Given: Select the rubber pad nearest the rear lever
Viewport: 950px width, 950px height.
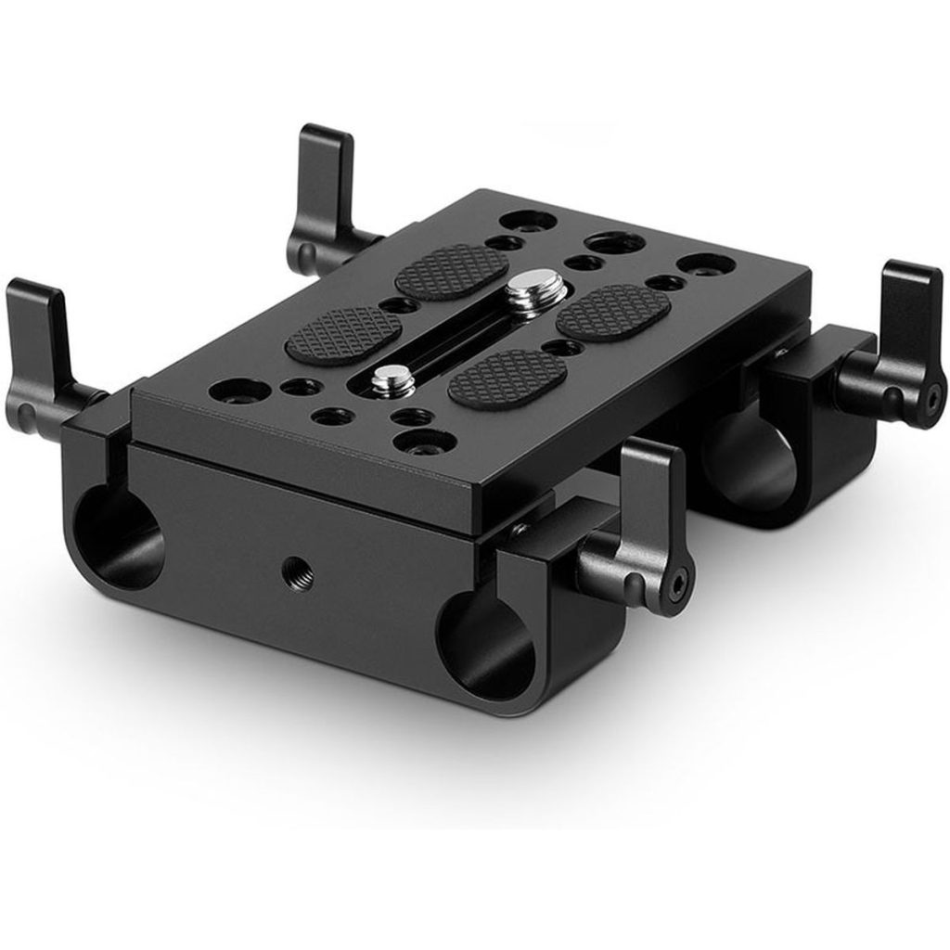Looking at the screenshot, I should [452, 271].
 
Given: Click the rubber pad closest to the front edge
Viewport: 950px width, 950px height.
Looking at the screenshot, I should [507, 378].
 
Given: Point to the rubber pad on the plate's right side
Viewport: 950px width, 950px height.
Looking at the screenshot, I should [613, 311].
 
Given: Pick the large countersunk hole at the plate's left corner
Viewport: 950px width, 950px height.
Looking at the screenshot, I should [227, 391].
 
